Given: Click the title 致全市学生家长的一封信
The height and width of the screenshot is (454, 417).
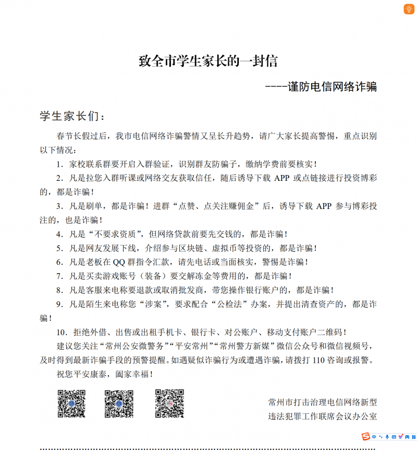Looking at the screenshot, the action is (x=207, y=61).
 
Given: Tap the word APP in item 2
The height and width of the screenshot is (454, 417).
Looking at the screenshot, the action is (x=281, y=178).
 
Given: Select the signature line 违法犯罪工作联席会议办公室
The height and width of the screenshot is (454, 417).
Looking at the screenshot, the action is (x=322, y=416).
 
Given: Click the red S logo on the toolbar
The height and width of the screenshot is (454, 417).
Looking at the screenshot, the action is (x=366, y=436).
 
